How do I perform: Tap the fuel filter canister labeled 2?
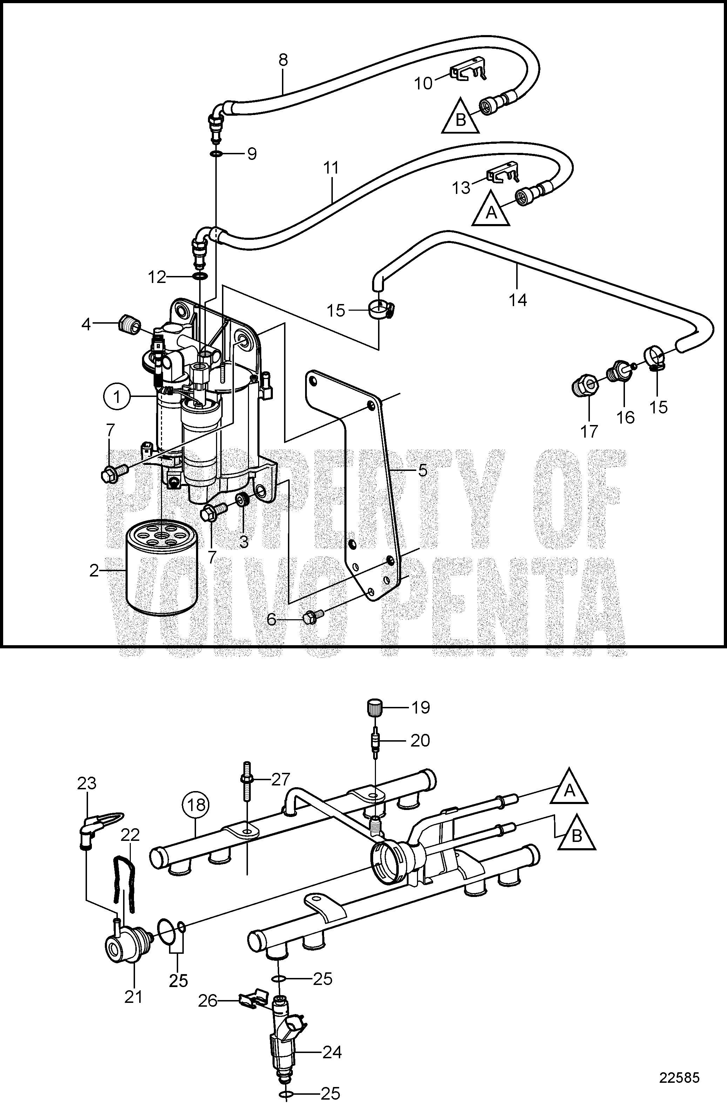coord(161,569)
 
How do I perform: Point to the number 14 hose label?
coord(518,300)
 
